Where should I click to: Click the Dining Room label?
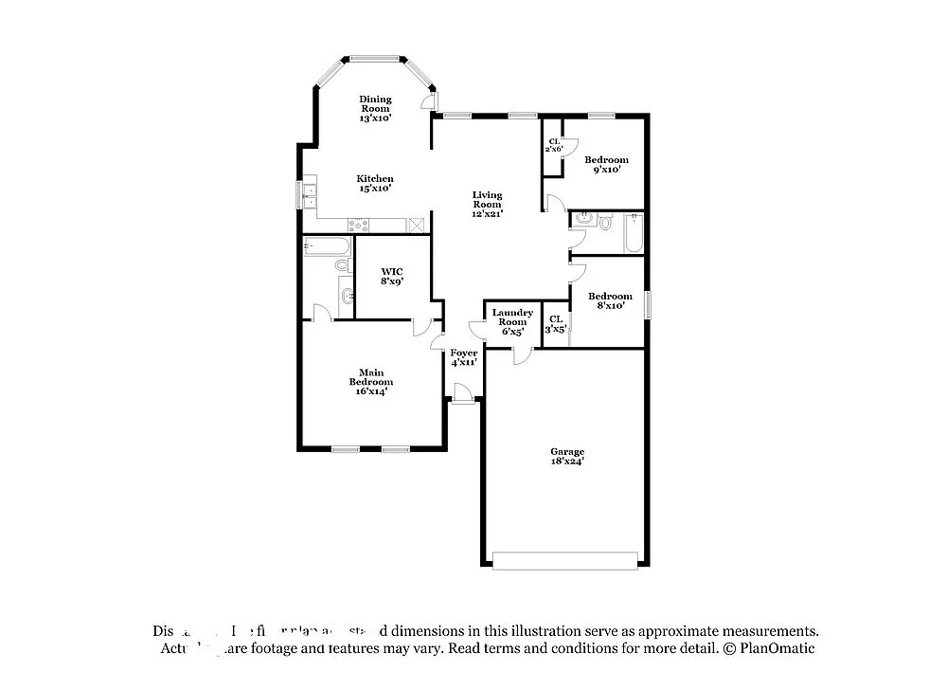(x=375, y=109)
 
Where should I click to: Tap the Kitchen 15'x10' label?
(x=375, y=183)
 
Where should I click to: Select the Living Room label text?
(x=487, y=204)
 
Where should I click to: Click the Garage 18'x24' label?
(x=567, y=456)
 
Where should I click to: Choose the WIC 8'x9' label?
(x=392, y=276)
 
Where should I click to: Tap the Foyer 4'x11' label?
(x=464, y=357)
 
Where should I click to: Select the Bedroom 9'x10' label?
(x=606, y=165)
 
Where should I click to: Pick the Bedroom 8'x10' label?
(x=609, y=301)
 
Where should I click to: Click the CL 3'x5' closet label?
(x=556, y=324)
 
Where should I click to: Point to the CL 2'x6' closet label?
(x=554, y=145)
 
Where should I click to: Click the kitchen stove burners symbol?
(x=358, y=225)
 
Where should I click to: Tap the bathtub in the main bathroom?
(x=327, y=247)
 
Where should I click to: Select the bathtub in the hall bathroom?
(x=634, y=232)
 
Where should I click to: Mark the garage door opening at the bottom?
(x=565, y=561)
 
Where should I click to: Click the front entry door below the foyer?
(x=462, y=393)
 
